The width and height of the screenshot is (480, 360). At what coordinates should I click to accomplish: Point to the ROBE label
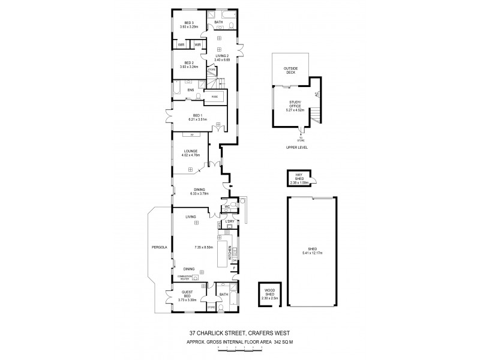214,96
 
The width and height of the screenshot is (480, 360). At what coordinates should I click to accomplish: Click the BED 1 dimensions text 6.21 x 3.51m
197,119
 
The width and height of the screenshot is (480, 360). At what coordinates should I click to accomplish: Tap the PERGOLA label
159,247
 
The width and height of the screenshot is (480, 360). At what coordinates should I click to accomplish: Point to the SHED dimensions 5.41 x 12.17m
313,253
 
